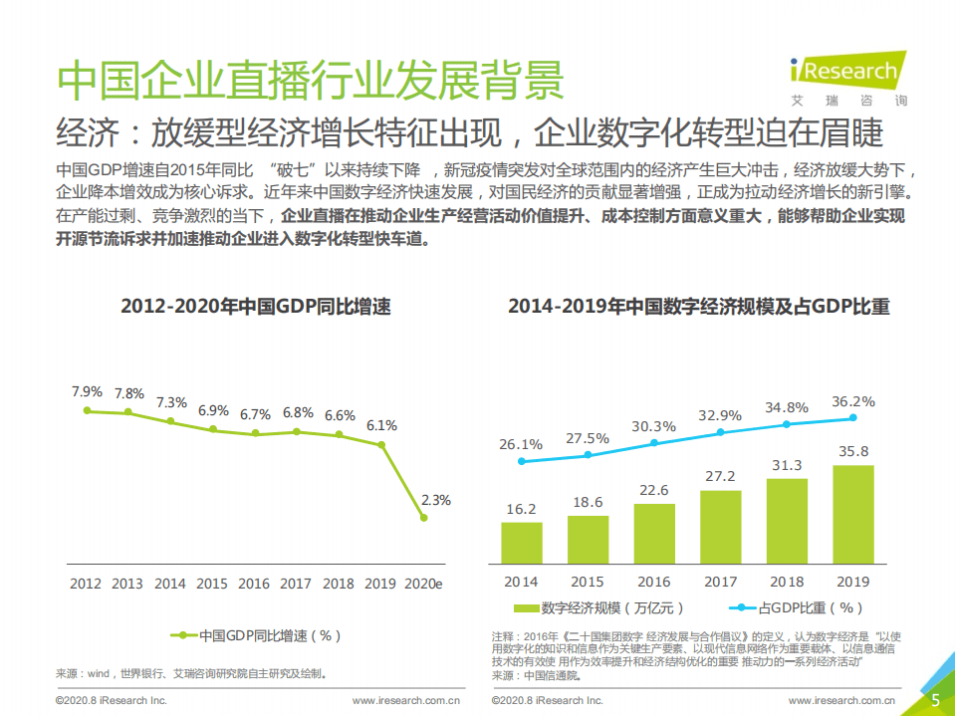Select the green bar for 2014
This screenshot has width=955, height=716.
(522, 544)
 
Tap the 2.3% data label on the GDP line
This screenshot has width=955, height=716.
(436, 500)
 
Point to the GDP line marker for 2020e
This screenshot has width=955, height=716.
(424, 518)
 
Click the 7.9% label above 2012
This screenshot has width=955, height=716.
(88, 391)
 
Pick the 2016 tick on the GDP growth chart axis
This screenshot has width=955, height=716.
(255, 584)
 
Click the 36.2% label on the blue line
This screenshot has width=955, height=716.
(853, 402)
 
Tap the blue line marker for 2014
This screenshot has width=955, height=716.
(522, 461)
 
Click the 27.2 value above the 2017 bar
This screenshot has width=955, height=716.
(720, 476)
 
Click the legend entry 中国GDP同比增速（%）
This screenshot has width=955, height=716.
(256, 634)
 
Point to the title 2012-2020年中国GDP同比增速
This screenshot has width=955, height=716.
(256, 307)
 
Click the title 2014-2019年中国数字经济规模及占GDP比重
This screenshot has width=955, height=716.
(698, 307)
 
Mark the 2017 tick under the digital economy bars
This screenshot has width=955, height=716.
(720, 582)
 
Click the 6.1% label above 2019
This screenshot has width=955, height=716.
(381, 425)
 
